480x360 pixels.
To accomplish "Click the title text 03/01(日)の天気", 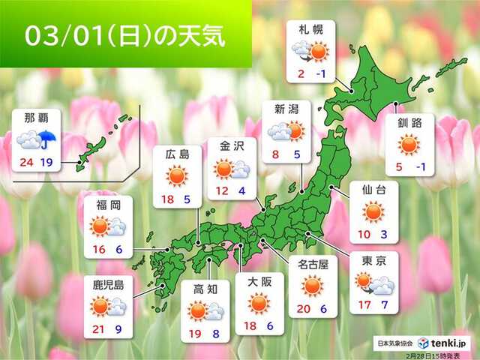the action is (x=124, y=35).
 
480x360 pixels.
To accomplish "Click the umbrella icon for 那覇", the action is (x=51, y=139).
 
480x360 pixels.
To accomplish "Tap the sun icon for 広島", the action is (x=177, y=177).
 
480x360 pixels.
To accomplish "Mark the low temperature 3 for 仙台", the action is (x=385, y=234).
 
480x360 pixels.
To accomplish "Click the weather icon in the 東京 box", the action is (x=373, y=284).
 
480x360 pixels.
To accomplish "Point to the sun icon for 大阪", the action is (x=259, y=302).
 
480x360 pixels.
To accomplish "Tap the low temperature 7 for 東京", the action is (x=386, y=306).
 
